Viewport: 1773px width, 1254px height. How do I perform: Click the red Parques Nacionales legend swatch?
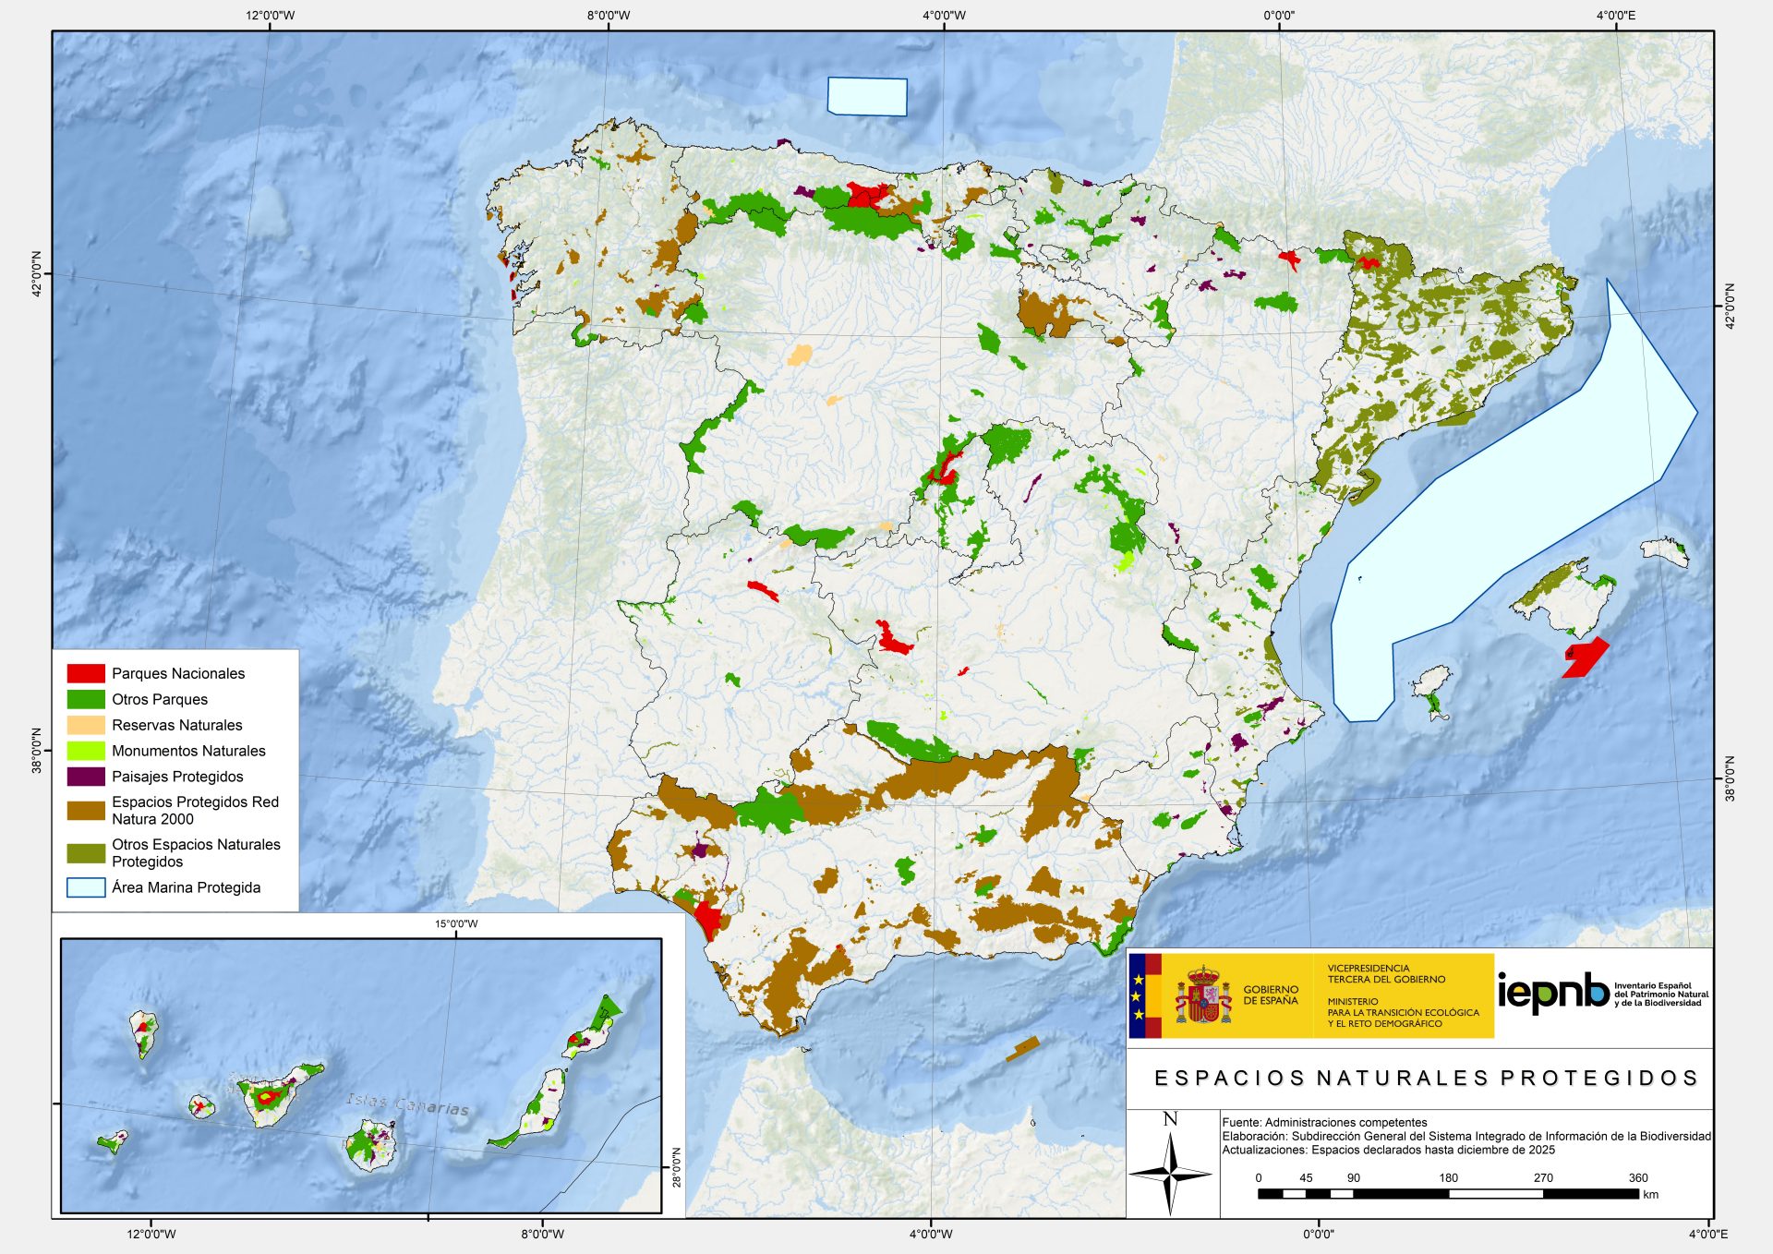(86, 673)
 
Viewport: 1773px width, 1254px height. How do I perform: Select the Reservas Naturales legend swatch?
(86, 725)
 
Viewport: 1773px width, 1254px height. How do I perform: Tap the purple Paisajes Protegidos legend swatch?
(86, 777)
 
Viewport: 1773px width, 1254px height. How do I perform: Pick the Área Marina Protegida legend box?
(86, 887)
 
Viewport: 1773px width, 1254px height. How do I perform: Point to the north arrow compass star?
(1170, 1174)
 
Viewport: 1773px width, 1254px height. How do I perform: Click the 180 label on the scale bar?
(1448, 1177)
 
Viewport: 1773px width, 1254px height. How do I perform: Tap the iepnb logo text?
(1552, 993)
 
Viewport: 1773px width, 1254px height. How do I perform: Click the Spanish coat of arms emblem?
(1203, 995)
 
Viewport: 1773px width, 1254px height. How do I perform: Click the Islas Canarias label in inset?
(407, 1103)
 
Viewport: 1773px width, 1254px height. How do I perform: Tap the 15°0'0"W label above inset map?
(456, 923)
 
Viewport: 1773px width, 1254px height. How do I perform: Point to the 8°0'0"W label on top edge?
(609, 16)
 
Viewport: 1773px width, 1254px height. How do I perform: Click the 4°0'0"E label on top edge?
(1615, 16)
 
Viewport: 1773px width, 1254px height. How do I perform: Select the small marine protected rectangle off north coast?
(867, 96)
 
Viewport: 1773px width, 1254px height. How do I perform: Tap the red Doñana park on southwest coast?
(708, 919)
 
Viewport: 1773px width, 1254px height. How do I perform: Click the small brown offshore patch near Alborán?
(1022, 1048)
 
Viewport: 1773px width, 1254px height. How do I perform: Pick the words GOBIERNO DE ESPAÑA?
(1271, 995)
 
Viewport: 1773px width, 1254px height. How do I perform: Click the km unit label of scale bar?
(1651, 1194)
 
